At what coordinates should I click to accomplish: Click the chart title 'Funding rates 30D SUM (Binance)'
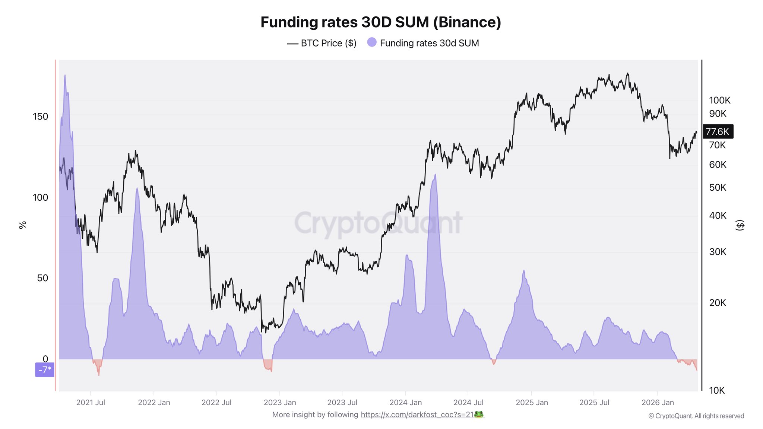pos(381,22)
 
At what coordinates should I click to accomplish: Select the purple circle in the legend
pos(371,42)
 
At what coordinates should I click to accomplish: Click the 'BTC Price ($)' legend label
pos(328,43)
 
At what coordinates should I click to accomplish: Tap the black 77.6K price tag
pos(718,131)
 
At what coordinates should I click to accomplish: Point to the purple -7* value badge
pos(45,370)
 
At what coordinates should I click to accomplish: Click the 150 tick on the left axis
pos(40,117)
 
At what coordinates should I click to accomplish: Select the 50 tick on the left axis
pos(42,278)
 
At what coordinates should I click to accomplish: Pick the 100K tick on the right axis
pos(719,100)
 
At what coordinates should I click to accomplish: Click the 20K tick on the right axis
pos(717,303)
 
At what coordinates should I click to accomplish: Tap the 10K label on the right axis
pos(716,390)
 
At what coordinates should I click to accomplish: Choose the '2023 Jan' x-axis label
pos(280,403)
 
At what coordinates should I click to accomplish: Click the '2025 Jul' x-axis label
pos(594,403)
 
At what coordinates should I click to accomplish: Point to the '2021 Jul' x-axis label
pos(91,403)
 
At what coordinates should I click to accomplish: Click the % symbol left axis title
pos(23,225)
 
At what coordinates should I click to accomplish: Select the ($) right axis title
pos(740,225)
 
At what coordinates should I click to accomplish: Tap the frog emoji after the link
pos(479,414)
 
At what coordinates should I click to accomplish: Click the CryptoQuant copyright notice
pos(696,416)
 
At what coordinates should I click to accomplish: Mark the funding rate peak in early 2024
pos(435,176)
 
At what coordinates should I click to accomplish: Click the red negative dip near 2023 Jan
pos(268,365)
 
